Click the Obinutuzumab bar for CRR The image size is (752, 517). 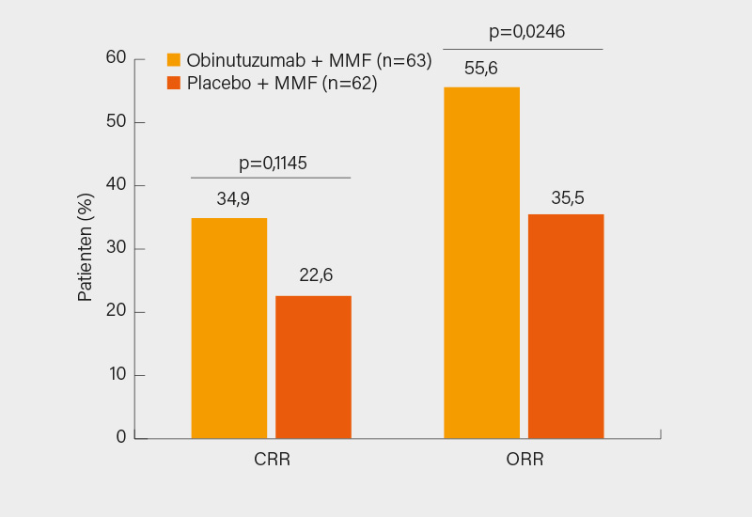(x=228, y=328)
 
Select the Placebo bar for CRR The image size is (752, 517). (x=313, y=367)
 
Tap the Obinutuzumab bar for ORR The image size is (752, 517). (x=481, y=262)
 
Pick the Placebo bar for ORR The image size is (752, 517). (x=566, y=326)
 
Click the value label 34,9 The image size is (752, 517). (x=234, y=199)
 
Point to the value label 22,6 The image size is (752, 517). (x=315, y=275)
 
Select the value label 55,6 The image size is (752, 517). (x=480, y=68)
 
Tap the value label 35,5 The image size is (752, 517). (x=568, y=198)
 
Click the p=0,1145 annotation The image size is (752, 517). (x=273, y=163)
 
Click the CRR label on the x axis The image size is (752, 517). (x=272, y=461)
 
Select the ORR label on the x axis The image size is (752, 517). (x=525, y=461)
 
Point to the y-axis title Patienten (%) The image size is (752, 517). (x=86, y=247)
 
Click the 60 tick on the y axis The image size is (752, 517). (x=116, y=58)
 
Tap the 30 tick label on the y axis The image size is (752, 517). (x=116, y=248)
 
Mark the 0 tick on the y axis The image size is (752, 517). (x=121, y=437)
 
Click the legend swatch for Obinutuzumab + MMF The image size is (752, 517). (x=174, y=60)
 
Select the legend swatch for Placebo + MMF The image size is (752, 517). (x=174, y=83)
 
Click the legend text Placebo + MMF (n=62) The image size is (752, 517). (x=282, y=84)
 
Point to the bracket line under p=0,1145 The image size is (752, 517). (x=271, y=178)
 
